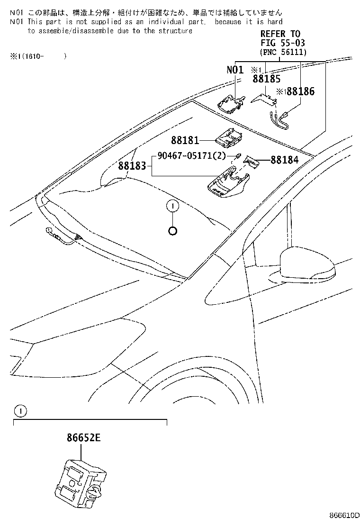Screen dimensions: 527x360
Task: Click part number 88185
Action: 266,79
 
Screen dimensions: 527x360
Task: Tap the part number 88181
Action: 185,140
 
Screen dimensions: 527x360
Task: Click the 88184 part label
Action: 285,160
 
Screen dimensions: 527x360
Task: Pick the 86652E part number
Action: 80,438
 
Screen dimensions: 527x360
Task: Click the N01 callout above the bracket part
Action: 235,70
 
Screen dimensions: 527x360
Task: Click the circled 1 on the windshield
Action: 173,206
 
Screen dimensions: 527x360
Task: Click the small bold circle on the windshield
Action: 173,231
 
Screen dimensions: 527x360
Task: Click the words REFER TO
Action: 280,34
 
